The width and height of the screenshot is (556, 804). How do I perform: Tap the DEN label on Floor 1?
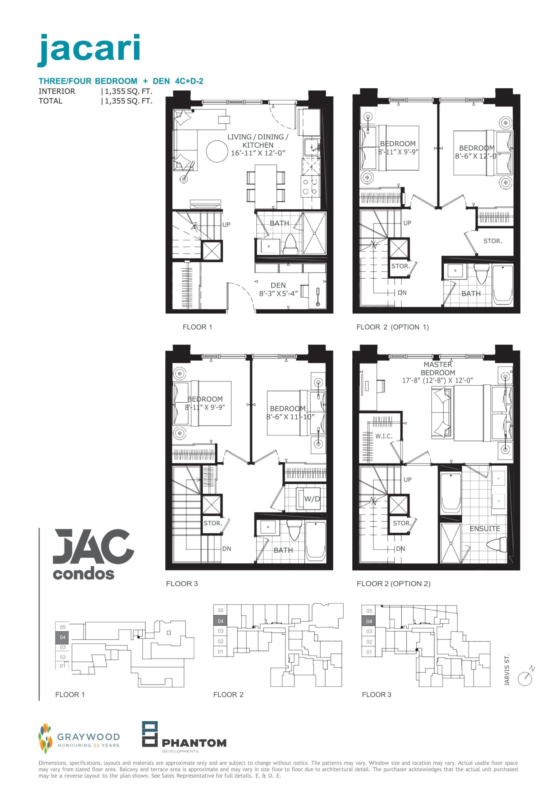[278, 285]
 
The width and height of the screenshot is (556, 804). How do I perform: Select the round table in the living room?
[217, 151]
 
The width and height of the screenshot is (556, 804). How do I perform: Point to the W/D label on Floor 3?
[312, 499]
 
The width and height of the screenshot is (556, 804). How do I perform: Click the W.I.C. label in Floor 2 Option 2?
[383, 436]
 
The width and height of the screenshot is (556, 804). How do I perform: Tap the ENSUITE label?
[484, 529]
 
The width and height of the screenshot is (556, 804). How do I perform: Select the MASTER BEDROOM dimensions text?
[438, 380]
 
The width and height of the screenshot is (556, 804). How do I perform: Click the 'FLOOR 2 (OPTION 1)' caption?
[392, 327]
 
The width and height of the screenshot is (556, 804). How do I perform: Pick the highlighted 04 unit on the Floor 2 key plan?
[221, 621]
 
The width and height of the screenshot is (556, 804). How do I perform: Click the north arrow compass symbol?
[525, 678]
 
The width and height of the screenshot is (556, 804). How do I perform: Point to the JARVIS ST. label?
[507, 670]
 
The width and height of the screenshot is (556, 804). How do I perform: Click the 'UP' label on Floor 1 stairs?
[226, 225]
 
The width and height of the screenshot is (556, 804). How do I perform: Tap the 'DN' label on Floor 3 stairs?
[227, 549]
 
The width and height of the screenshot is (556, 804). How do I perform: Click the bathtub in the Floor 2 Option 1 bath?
[502, 285]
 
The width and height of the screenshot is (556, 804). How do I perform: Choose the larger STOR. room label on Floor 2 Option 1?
[492, 241]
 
